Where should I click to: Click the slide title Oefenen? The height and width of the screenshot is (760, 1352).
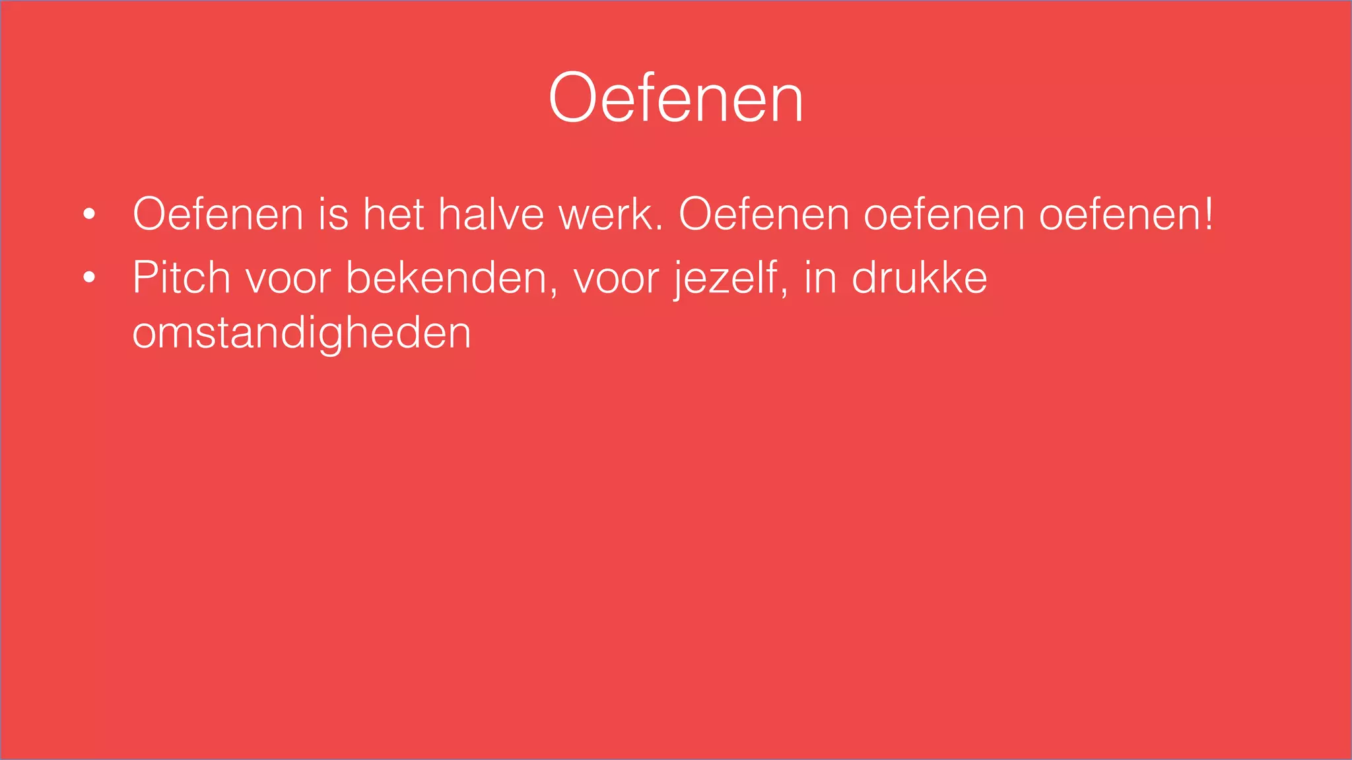point(675,99)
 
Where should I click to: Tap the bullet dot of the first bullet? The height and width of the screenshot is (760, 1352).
point(89,214)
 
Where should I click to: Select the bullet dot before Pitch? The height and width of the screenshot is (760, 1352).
point(89,277)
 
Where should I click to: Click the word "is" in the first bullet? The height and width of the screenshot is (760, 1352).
point(333,214)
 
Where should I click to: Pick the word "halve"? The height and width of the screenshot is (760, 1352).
point(491,214)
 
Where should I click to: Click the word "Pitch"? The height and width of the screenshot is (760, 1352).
point(181,277)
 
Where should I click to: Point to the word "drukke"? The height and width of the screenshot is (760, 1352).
point(919,277)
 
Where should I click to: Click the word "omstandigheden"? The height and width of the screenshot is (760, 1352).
point(302,334)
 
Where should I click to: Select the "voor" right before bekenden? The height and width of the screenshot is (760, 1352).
point(288,278)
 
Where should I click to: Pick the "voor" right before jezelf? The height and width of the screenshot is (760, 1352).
point(616,278)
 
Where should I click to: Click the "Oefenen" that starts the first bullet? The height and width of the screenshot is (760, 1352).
point(218,214)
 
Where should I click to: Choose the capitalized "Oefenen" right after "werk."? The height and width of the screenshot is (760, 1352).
point(764,214)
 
